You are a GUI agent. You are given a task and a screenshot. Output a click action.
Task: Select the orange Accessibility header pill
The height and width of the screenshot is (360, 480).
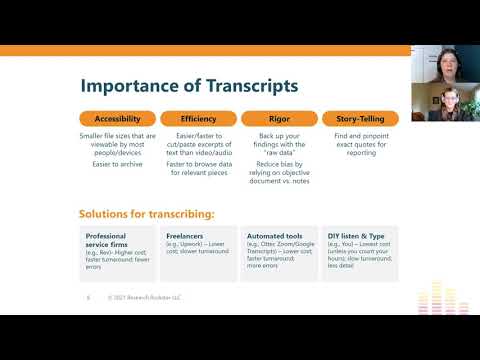tap(117, 118)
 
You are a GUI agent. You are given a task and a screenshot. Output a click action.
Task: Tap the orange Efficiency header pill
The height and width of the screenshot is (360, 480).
tap(198, 118)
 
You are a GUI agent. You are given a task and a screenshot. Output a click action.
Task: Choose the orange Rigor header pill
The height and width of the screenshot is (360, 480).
tap(279, 118)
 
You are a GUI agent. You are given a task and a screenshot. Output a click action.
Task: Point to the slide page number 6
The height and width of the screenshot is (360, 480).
tap(88, 297)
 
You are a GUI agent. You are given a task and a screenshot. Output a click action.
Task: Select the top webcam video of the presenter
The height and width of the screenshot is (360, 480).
tap(445, 63)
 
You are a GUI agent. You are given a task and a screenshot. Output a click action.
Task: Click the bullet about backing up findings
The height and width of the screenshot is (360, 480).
tap(279, 145)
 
